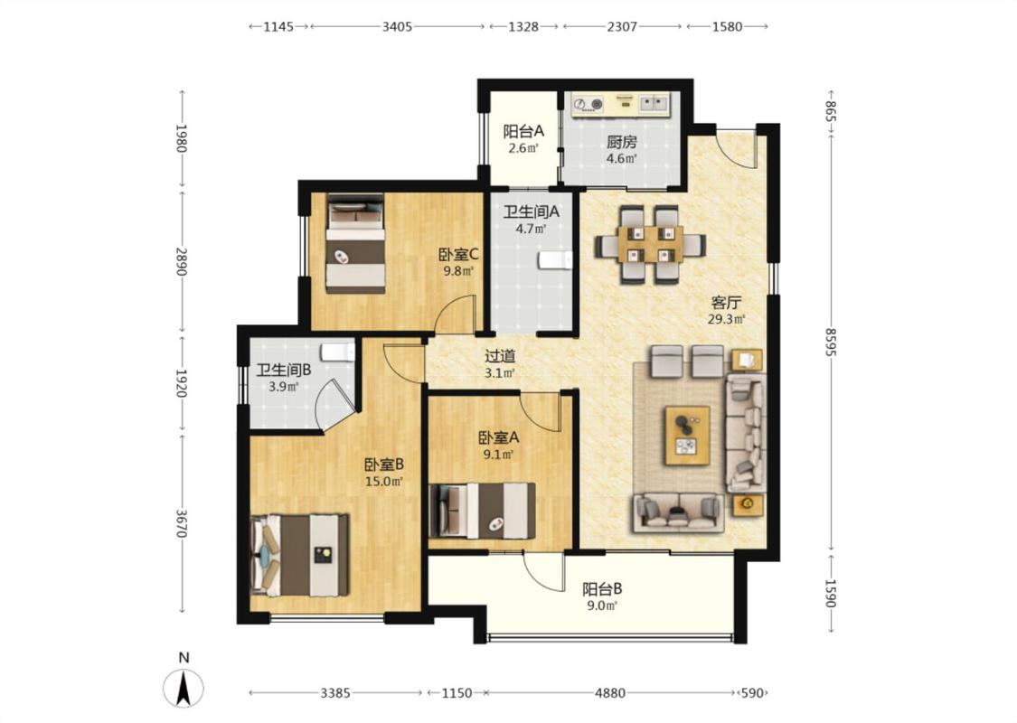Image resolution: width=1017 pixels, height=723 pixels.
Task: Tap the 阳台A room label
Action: (523, 132)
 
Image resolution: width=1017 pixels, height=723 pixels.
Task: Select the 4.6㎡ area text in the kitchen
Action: (621, 158)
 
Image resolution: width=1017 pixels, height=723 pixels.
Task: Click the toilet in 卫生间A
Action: (554, 260)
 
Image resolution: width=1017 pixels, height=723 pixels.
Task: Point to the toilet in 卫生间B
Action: (338, 352)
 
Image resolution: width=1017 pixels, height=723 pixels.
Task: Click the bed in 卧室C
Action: (355, 243)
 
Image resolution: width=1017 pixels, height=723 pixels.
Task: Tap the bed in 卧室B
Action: (299, 555)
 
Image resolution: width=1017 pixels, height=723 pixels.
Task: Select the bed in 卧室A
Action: (483, 511)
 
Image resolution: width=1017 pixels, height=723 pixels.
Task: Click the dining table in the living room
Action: (650, 244)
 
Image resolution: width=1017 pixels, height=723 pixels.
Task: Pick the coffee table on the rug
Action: (687, 435)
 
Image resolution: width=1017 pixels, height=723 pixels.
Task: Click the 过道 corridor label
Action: (500, 356)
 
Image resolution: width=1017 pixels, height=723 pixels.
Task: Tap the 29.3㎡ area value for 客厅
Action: (727, 318)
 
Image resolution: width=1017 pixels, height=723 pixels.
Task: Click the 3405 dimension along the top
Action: (397, 26)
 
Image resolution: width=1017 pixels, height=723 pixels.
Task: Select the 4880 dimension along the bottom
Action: (610, 693)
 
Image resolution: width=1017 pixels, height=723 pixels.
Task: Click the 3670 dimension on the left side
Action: (183, 522)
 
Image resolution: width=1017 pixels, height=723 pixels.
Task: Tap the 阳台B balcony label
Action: (602, 589)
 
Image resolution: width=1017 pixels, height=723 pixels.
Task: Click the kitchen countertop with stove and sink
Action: (621, 104)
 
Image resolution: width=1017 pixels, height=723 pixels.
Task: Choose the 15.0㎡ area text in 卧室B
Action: (384, 481)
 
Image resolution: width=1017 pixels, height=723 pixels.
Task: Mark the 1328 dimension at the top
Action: (523, 26)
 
